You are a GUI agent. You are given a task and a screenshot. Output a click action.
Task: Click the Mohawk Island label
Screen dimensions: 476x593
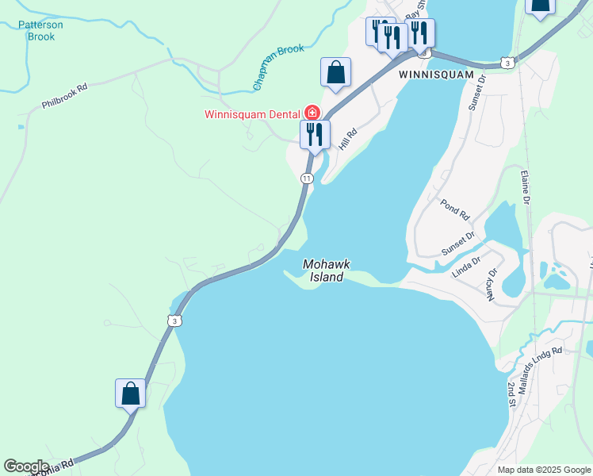[326, 271]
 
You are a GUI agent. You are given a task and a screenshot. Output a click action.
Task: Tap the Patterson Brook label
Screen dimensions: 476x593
[40, 30]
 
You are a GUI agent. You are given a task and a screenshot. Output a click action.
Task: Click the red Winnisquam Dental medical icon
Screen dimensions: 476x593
[312, 113]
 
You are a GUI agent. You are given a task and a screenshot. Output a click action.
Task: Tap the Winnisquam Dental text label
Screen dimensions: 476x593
[252, 113]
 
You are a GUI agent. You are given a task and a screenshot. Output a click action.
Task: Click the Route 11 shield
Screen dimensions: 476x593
[306, 178]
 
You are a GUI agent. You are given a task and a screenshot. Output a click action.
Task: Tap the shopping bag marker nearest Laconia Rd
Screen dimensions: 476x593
[130, 393]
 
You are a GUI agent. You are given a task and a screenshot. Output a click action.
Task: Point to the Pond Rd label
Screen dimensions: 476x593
[453, 210]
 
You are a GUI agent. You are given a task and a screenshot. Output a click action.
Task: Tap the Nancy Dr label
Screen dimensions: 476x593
[492, 284]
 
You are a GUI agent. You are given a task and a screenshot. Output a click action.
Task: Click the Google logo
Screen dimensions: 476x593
[26, 466]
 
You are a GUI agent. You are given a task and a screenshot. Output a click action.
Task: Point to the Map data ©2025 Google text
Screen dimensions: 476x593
[544, 470]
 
